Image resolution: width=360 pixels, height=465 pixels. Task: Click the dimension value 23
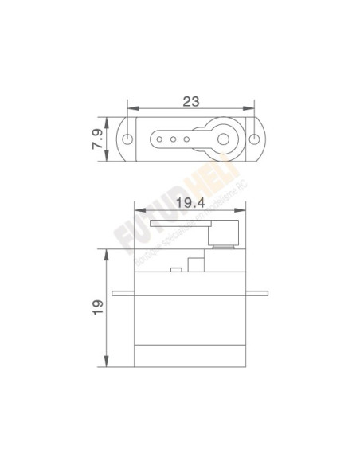pyautogui.click(x=190, y=101)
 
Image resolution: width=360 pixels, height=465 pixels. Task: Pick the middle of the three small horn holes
pyautogui.click(x=174, y=139)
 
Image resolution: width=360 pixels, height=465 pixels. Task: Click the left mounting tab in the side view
pyautogui.click(x=123, y=294)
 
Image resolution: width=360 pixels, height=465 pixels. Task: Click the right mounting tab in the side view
pyautogui.click(x=256, y=294)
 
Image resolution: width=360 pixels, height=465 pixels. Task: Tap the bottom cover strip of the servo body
pyautogui.click(x=190, y=356)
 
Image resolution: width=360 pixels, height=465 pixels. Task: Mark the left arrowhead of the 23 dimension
pyautogui.click(x=131, y=110)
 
